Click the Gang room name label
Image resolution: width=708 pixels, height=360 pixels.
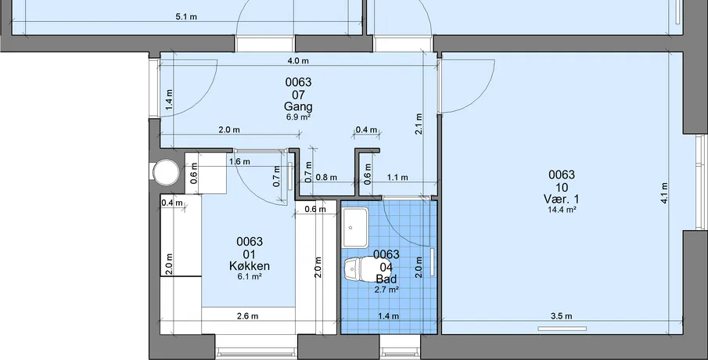point(298,106)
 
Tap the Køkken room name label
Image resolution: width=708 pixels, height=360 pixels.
point(250,266)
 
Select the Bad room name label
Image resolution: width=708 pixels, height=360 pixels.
point(386,279)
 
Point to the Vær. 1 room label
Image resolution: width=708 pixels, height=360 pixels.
point(561,199)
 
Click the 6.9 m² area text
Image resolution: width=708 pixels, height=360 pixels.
point(298,117)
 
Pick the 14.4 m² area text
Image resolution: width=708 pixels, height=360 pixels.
point(562,210)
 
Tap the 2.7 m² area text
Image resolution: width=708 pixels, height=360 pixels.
point(386,290)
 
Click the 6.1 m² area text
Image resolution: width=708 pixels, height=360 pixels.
point(250,276)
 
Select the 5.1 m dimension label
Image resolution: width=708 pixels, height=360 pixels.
point(186,16)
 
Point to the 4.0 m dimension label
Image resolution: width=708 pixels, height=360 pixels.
point(298,60)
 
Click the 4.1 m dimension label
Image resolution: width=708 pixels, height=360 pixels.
point(664,193)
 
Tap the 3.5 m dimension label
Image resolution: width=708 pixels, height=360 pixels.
point(561,316)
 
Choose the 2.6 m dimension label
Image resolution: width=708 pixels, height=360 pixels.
point(247,316)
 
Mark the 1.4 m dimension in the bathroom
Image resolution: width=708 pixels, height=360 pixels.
point(388,316)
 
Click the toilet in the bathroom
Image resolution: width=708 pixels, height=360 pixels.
point(358,268)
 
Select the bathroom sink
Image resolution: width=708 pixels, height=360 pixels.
point(356,228)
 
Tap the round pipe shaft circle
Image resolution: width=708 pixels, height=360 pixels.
point(166,172)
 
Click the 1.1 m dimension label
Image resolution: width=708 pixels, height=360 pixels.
point(397,178)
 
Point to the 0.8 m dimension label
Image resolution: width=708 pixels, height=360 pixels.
point(326,178)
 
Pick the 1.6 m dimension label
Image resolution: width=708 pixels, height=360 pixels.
point(239,161)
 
